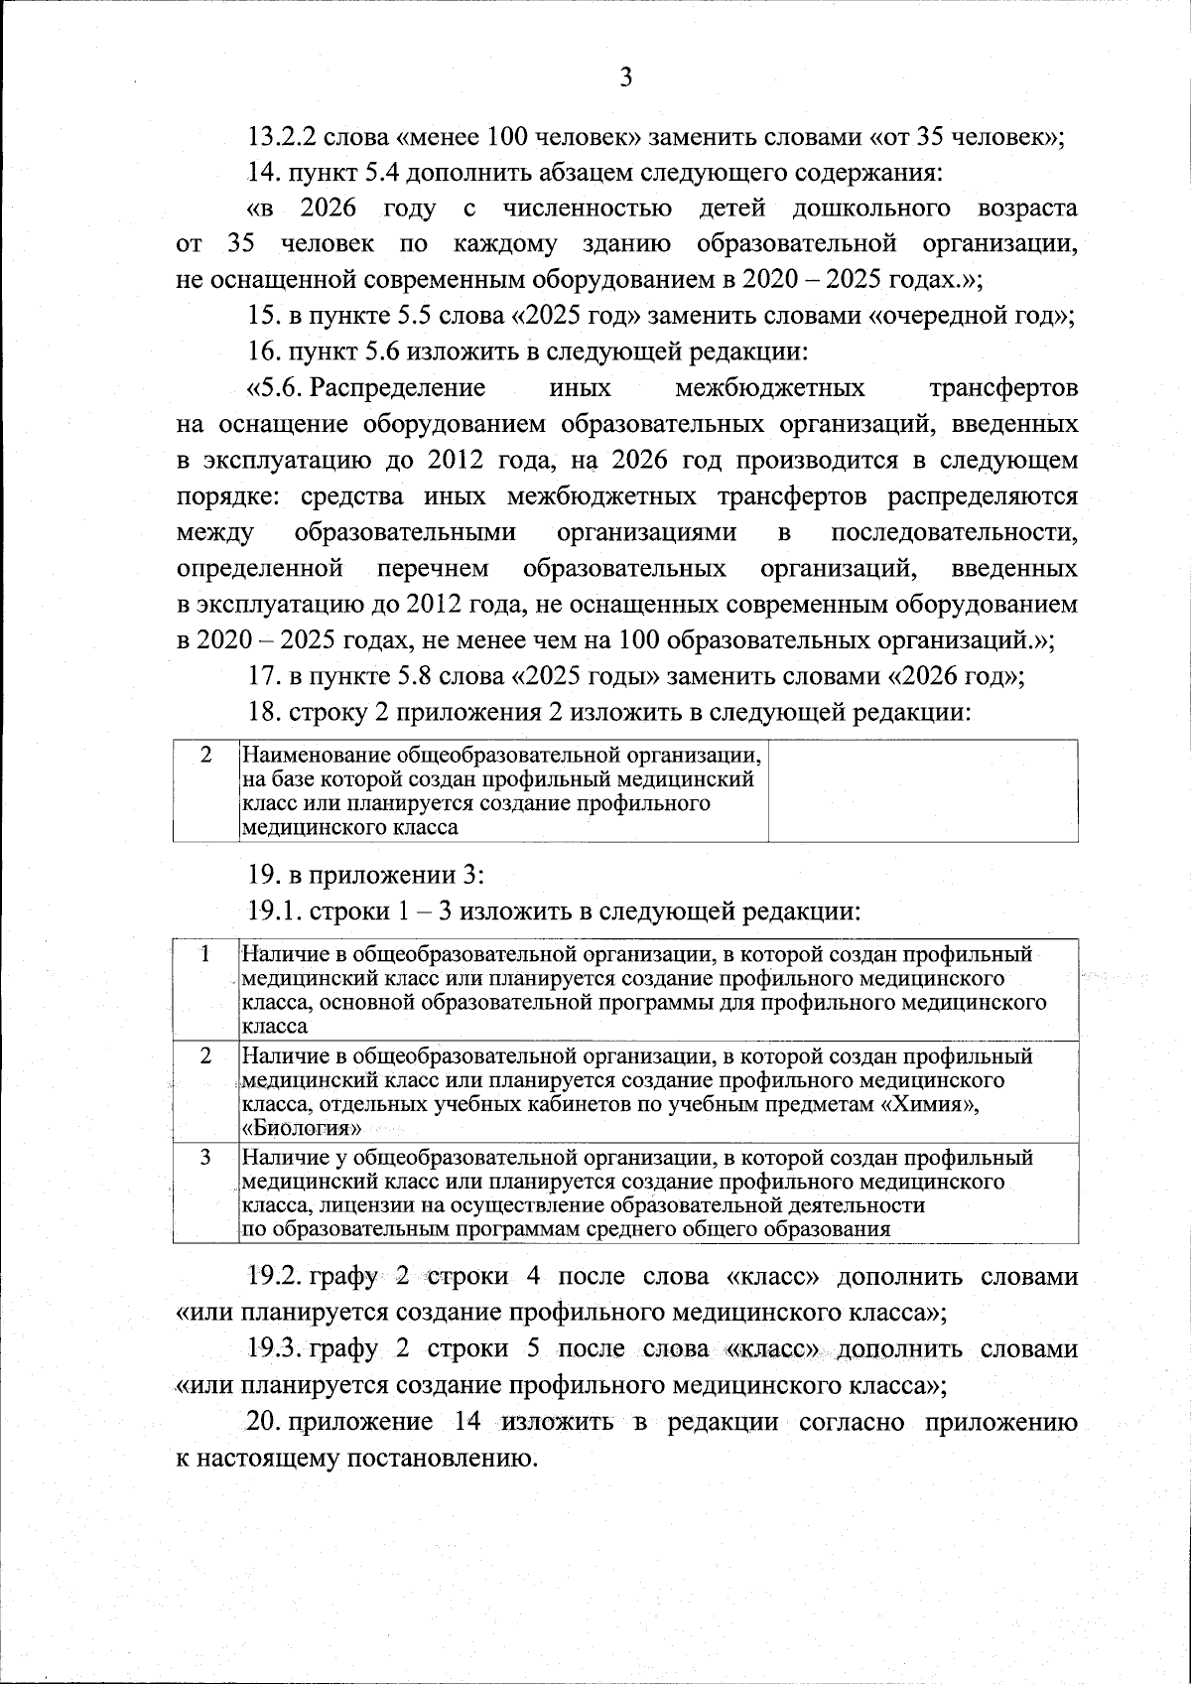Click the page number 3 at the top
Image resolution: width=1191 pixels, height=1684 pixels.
(625, 78)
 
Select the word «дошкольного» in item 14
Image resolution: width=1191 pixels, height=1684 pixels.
(871, 209)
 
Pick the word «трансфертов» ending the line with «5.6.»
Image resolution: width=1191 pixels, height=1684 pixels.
(1003, 387)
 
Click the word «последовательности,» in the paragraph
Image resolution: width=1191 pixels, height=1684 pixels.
(954, 532)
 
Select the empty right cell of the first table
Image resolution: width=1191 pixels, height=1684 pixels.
(923, 790)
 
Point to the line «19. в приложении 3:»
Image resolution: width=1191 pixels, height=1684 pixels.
(364, 875)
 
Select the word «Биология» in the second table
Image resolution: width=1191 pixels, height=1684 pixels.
(302, 1129)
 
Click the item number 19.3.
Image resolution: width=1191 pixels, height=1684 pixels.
(275, 1348)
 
